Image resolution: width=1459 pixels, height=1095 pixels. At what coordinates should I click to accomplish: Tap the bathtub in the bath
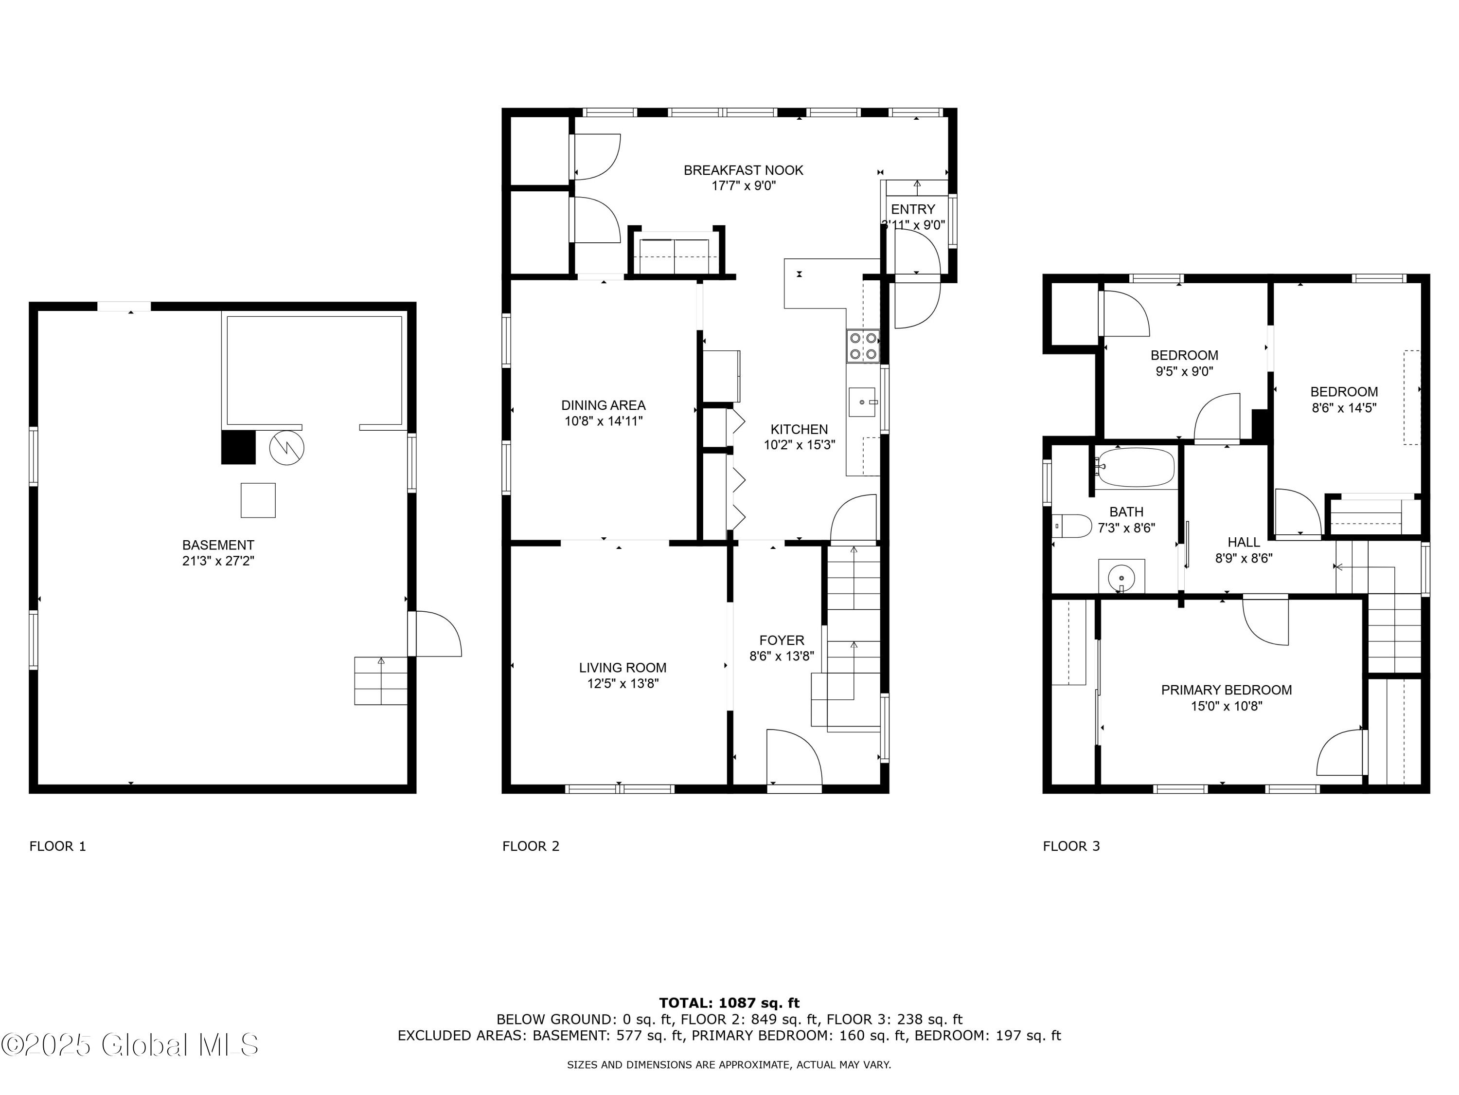1136,468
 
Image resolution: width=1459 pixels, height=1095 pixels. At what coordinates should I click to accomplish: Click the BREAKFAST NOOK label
743,170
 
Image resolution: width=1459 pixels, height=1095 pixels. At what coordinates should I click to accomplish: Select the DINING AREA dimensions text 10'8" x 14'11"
603,421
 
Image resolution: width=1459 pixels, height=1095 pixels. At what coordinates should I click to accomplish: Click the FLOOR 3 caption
1071,846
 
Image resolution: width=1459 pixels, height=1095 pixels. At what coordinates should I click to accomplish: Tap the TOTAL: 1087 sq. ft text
729,1003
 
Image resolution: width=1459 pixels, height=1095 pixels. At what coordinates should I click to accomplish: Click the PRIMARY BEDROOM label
1226,690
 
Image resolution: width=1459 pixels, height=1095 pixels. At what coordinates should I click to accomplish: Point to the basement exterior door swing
437,634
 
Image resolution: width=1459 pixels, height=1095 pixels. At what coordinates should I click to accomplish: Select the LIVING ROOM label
623,667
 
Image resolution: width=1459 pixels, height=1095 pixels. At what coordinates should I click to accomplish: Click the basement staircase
381,680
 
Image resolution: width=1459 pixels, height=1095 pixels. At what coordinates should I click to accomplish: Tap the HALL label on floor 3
1244,542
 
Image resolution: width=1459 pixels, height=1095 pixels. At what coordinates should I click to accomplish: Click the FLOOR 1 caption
58,846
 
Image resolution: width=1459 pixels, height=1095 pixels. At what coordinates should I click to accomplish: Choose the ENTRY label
913,209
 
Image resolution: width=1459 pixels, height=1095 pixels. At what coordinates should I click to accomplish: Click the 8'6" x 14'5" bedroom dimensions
1344,408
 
